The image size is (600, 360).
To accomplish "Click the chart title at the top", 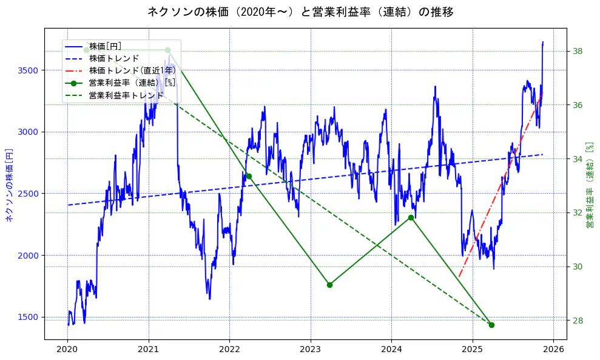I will tap(300, 12).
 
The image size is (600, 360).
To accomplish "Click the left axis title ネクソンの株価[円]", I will tap(9, 184).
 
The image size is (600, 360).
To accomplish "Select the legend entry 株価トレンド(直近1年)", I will tap(132, 70).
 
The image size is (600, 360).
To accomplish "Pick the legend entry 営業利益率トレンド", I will tap(126, 95).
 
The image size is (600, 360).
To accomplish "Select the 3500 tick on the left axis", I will tap(28, 70).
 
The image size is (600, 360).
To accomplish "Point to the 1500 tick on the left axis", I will tap(28, 317).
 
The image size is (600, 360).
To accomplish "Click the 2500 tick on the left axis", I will tap(28, 194).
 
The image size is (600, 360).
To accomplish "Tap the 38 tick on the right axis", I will tap(578, 51).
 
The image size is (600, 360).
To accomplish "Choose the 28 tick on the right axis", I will tap(578, 321).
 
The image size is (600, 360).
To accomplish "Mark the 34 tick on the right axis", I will tap(578, 159).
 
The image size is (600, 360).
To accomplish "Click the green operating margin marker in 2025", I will tap(491, 325).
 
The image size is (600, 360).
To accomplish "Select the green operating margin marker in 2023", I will tap(329, 285).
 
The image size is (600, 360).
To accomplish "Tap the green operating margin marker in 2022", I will tap(249, 176).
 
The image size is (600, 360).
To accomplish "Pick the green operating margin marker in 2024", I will tap(411, 217).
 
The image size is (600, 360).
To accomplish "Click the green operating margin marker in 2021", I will tap(167, 50).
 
